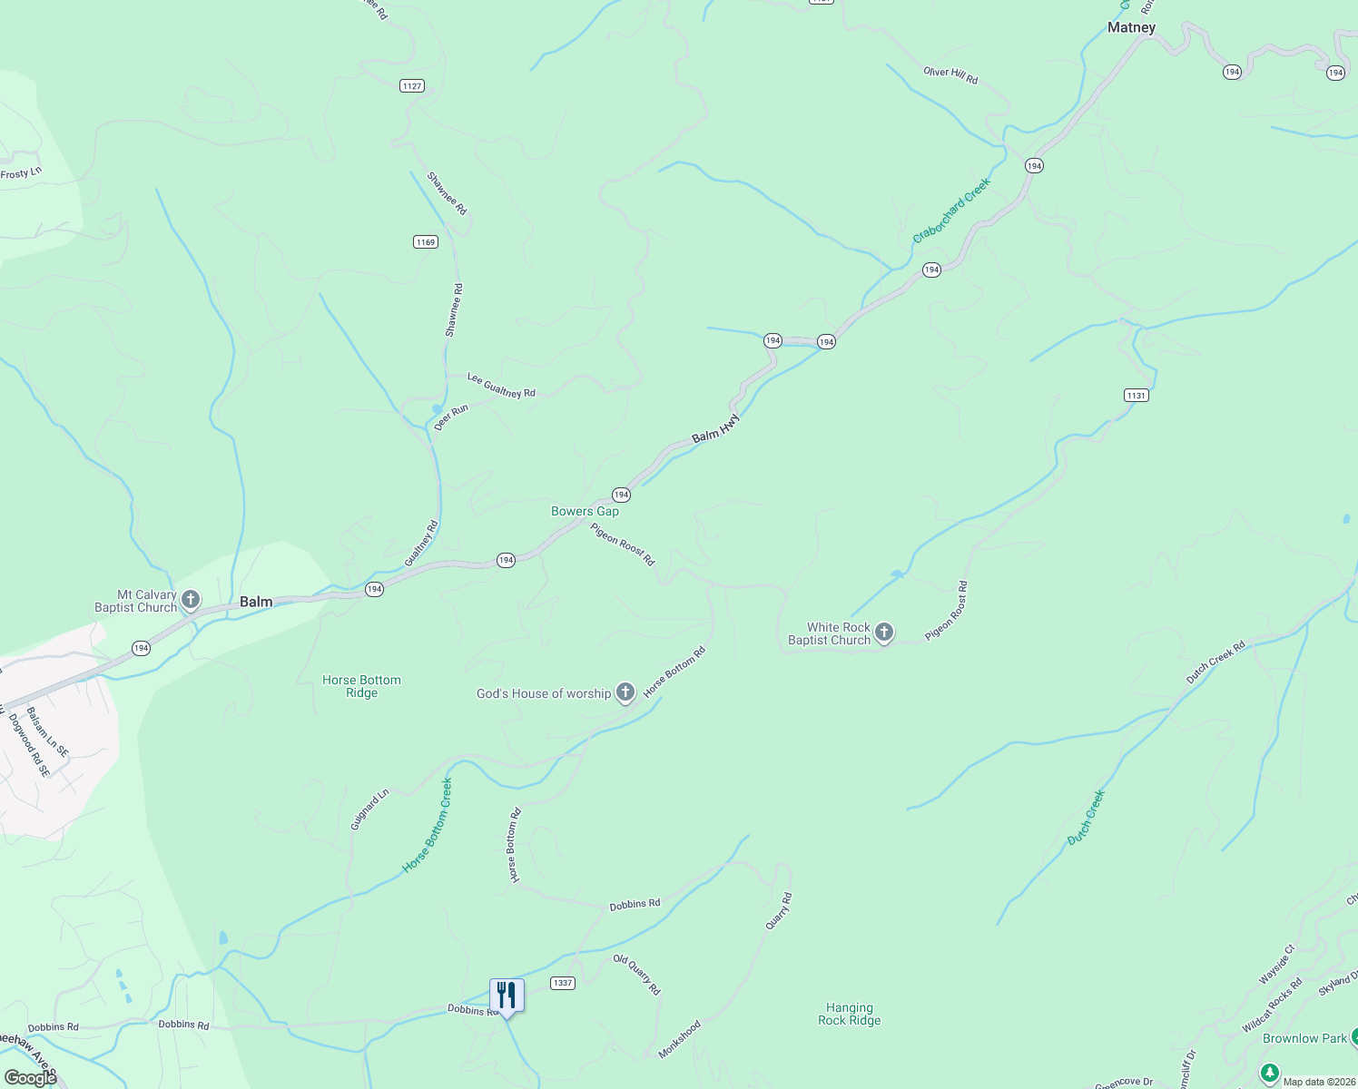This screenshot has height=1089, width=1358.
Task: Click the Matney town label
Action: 1131,28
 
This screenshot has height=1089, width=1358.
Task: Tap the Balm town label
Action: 256,602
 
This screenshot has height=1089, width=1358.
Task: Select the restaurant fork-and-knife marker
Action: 507,996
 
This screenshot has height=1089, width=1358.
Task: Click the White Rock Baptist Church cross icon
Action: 884,633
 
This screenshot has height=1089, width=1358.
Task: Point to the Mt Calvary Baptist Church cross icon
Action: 191,599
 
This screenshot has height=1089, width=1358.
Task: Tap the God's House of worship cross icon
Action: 625,693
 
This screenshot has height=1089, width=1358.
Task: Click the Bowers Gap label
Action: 585,511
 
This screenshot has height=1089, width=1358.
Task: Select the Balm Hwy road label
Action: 716,429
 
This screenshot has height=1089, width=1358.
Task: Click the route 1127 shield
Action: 412,86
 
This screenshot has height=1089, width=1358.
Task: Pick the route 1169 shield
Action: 426,241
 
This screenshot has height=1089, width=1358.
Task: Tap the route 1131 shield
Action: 1136,395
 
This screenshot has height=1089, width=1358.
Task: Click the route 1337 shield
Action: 563,983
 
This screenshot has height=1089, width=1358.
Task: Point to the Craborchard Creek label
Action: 951,211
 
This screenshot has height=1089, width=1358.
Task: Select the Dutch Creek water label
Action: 1086,818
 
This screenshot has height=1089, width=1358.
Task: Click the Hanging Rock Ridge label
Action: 849,1014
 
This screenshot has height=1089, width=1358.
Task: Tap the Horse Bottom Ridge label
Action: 361,686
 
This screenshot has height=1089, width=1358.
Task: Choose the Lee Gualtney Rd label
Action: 501,386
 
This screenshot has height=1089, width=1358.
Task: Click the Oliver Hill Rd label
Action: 950,74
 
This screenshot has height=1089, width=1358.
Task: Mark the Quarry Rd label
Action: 779,910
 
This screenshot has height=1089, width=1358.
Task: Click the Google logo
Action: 30,1078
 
